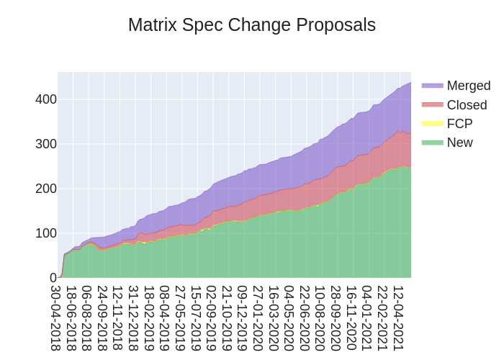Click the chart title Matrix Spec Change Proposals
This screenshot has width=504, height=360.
point(252,25)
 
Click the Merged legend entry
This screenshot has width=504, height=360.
point(468,86)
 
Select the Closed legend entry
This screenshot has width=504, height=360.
point(467,105)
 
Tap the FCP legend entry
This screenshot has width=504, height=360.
point(459,124)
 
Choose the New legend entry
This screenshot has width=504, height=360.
point(459,143)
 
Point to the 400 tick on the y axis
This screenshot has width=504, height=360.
point(46,99)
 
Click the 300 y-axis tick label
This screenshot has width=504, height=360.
point(46,144)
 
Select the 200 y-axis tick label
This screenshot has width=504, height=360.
point(46,189)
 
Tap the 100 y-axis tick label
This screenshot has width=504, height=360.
point(46,233)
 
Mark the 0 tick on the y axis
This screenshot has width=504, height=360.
point(53,278)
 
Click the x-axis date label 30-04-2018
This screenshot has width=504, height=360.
point(56,318)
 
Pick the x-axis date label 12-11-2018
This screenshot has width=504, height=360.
point(118,318)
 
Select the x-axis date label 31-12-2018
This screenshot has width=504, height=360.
point(134,318)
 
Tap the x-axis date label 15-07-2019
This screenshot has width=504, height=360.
point(196,318)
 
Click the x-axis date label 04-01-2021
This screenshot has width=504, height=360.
point(366,318)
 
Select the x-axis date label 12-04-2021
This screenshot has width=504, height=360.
point(397,318)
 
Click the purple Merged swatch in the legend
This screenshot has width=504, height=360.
point(432,86)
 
